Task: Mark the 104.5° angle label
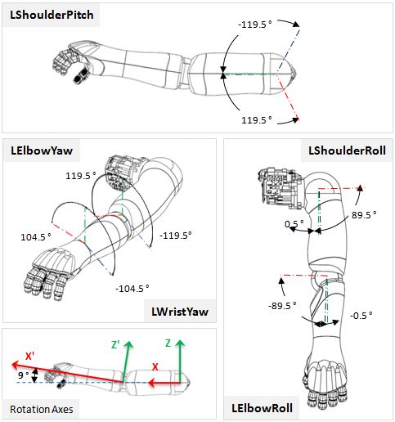tap(36, 236)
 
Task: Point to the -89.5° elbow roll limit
tap(285, 304)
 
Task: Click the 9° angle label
tap(24, 376)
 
